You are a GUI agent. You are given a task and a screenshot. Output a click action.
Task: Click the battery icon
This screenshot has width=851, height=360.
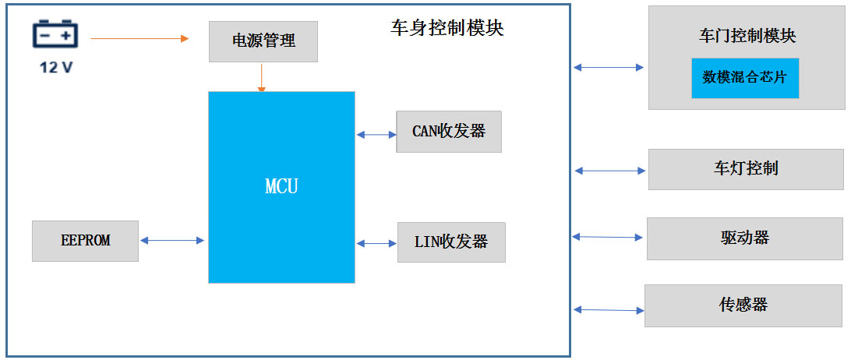point(55,37)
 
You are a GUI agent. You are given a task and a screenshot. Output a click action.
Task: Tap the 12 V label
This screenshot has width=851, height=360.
point(56,68)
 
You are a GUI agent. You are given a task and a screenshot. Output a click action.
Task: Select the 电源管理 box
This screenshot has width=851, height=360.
point(263,41)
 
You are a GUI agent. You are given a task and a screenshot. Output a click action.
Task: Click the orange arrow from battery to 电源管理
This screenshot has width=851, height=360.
point(139,37)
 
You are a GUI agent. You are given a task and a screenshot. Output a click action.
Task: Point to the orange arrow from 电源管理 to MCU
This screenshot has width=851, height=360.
point(262,77)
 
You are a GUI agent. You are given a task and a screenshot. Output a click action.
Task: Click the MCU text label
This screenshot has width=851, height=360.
point(281,187)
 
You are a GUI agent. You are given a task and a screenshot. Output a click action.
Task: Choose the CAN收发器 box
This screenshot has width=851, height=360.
point(448,132)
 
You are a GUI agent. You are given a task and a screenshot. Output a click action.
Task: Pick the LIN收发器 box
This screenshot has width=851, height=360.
point(451,242)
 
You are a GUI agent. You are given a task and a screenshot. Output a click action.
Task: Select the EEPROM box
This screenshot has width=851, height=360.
point(85,241)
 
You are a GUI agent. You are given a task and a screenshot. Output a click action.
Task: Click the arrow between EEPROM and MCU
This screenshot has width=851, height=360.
point(171,241)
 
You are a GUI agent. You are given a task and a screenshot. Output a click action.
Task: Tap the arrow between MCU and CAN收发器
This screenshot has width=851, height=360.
point(376,135)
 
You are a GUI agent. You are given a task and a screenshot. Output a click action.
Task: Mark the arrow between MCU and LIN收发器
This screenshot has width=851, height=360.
point(377,244)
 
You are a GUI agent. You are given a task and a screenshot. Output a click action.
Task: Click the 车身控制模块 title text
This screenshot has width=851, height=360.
point(447,28)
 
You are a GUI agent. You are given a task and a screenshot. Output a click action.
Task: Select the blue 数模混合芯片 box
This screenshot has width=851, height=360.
point(745,77)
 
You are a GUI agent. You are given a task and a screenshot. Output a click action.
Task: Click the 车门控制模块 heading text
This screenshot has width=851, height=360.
point(747,36)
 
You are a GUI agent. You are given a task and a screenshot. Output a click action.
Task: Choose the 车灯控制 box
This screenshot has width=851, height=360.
point(746,169)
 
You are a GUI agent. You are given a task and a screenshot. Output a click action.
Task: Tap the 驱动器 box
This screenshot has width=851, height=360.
point(745,238)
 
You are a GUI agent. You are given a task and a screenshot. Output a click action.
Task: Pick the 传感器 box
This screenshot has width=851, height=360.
point(743,305)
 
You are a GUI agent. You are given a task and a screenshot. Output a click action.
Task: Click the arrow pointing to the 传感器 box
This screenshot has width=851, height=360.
point(609,310)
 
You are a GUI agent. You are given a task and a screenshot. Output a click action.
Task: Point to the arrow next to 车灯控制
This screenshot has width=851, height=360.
point(609,170)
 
